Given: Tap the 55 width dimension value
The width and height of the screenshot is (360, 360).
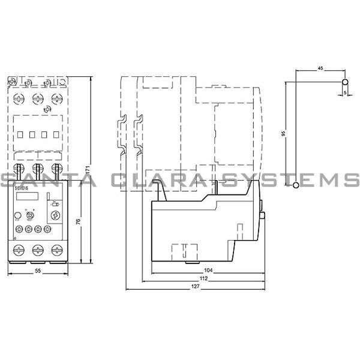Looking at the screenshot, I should coord(38,272).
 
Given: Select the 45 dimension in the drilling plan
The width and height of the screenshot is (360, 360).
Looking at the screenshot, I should coord(320,70).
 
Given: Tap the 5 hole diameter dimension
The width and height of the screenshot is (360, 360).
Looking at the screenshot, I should coord(345,93).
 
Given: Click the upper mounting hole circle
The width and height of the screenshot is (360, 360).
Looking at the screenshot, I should coord(344,82).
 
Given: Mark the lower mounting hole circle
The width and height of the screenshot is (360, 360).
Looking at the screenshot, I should coord(295,187).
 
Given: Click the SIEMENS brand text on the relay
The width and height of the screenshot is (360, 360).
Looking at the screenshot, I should coord(22,189).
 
